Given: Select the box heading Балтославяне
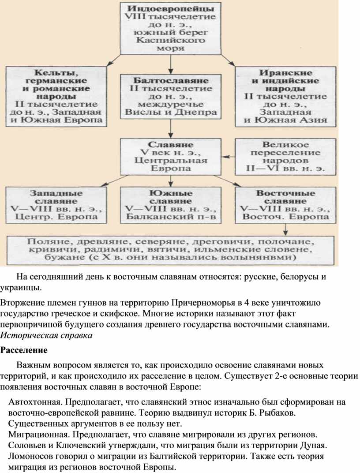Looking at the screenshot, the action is [171, 81].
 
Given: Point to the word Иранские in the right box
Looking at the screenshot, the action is [285, 73].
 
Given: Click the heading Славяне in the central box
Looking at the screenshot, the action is [171, 144].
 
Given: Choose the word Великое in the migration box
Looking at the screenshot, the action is [285, 144].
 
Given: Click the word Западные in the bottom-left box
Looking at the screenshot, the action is [56, 193].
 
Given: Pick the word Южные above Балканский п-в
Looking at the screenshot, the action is [171, 193].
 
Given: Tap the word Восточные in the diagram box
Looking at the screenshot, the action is [285, 193].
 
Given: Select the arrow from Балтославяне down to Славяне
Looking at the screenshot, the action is [171, 129].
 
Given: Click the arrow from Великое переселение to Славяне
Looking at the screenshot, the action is [228, 157].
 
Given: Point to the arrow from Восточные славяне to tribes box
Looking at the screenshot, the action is [285, 229].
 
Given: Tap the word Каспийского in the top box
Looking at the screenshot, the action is [171, 40].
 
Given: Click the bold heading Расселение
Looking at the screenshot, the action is [24, 350].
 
